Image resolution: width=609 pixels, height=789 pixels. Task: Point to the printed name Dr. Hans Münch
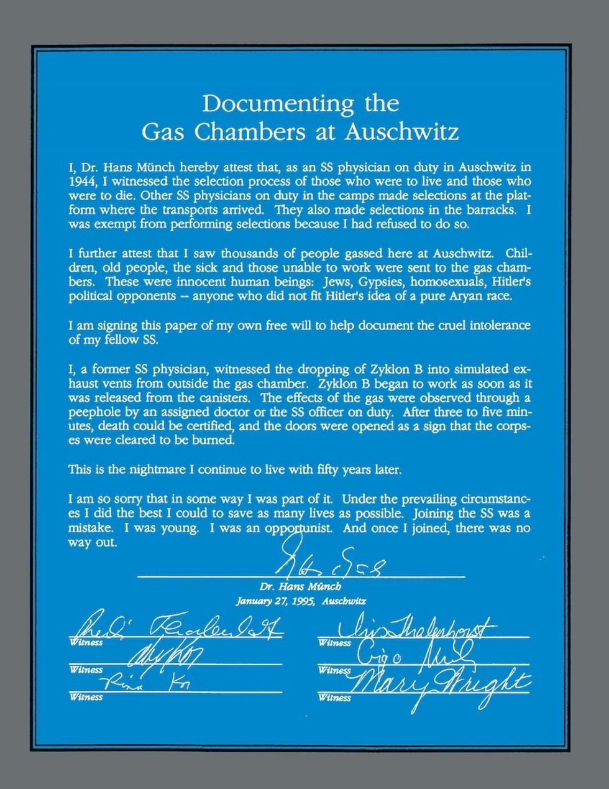click(x=300, y=587)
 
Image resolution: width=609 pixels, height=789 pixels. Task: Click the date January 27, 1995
click(x=275, y=601)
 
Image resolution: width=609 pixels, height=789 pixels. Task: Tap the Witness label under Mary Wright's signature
click(x=334, y=698)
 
